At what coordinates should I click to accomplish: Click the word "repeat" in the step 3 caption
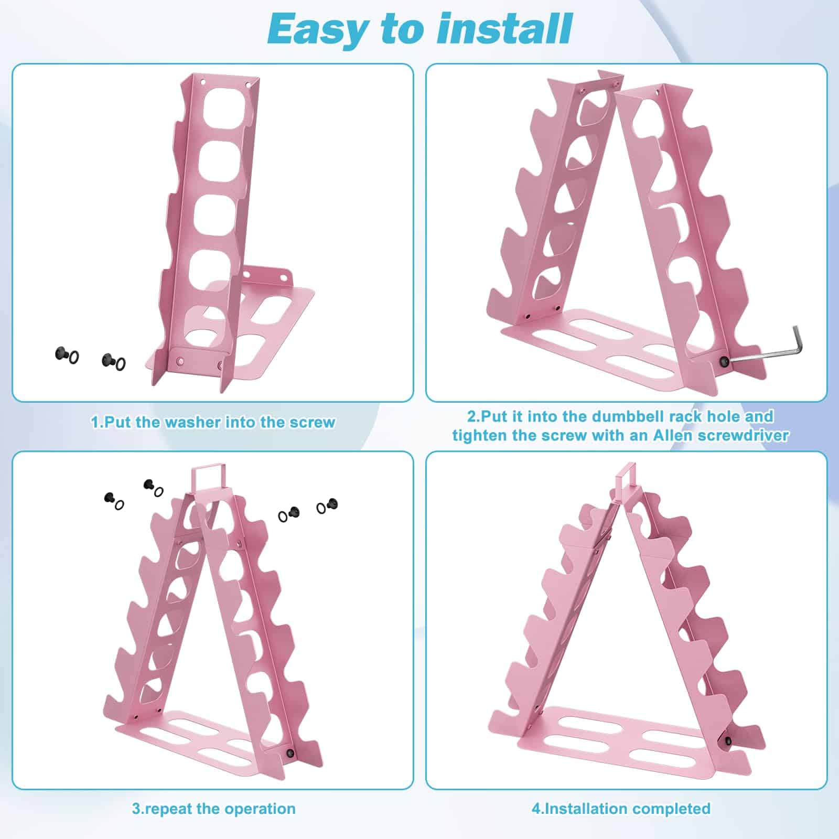tap(168, 809)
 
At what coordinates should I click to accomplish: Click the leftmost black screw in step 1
tap(60, 354)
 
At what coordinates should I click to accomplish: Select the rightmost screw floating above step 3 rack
tap(331, 504)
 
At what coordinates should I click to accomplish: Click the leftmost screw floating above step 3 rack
tap(110, 497)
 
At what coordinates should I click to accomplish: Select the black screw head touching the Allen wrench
tap(725, 361)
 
